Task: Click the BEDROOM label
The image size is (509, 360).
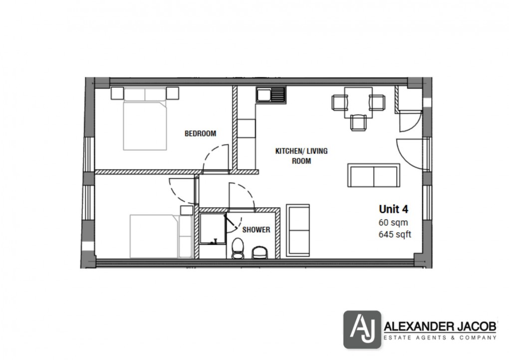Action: (x=200, y=133)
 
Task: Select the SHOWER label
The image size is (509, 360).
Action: (x=256, y=230)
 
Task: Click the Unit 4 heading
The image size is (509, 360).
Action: (x=394, y=209)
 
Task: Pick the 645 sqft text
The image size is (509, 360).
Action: (x=395, y=235)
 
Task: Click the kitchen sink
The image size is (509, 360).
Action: (x=271, y=94)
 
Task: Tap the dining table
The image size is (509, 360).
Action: (x=358, y=102)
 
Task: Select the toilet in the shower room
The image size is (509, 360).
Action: (x=238, y=249)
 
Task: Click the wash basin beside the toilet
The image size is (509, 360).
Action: (x=259, y=253)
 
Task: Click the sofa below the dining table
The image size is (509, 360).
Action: (x=374, y=175)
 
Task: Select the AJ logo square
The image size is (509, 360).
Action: (x=361, y=329)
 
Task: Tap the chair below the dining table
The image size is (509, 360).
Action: (x=358, y=122)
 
